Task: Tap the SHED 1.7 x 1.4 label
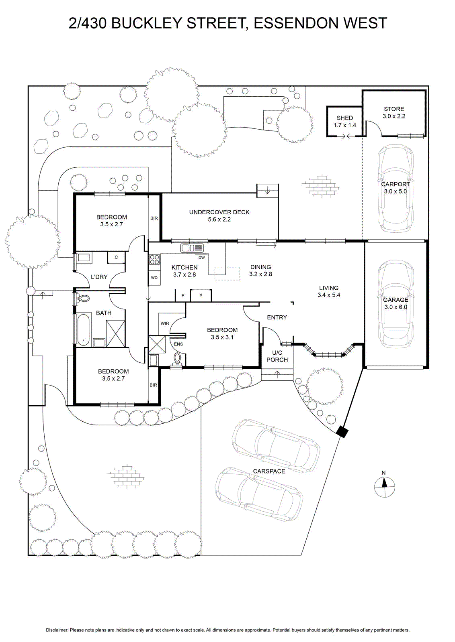(345, 122)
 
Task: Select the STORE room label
(394, 109)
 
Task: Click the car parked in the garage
(396, 304)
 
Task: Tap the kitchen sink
(192, 248)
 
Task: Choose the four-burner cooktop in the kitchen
(154, 260)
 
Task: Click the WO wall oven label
(154, 278)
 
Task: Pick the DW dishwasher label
(201, 257)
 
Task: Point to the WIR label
(165, 323)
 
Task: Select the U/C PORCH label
(277, 356)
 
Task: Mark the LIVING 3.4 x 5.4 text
(329, 291)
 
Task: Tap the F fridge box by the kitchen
(182, 296)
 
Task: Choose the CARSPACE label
(269, 471)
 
